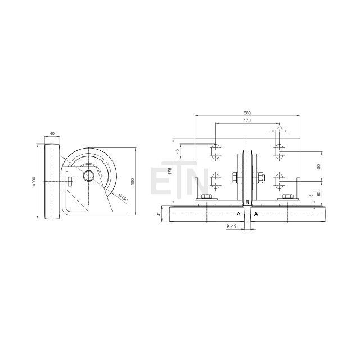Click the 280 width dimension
click(247, 112)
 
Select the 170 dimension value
click(247, 120)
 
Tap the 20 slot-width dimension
click(279, 128)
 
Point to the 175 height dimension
click(170, 171)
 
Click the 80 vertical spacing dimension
click(318, 166)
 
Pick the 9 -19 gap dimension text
click(231, 226)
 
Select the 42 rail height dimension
click(159, 214)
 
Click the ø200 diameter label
click(34, 181)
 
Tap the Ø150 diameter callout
click(123, 197)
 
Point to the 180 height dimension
click(132, 181)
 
